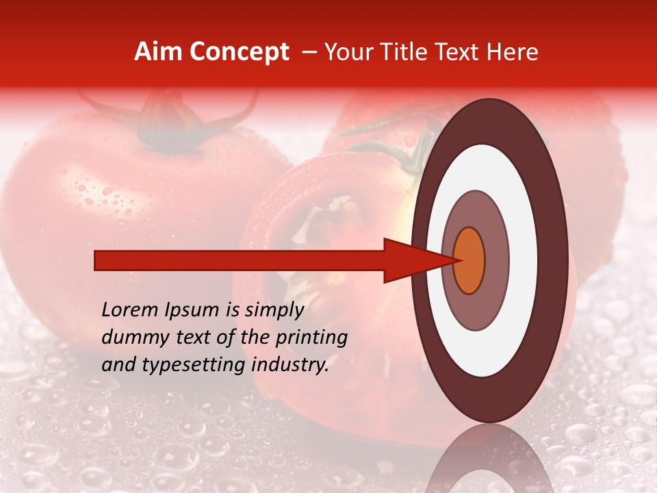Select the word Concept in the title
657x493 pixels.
click(x=239, y=52)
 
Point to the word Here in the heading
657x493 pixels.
click(x=511, y=52)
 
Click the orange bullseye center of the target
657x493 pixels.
click(x=469, y=260)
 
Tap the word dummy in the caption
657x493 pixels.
click(x=129, y=338)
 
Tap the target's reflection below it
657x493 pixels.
click(x=489, y=462)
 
